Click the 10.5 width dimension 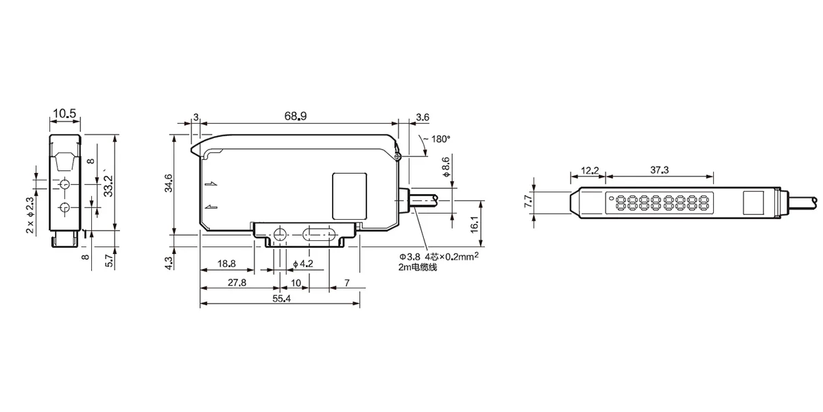tap(64, 113)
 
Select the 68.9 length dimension tap(296, 116)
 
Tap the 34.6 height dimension tap(168, 183)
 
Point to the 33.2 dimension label tap(108, 186)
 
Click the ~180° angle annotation tap(436, 139)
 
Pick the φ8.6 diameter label tap(446, 167)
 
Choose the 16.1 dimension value tap(475, 225)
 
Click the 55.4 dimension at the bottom tap(281, 298)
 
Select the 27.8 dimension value tap(237, 282)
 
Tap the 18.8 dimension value tap(226, 264)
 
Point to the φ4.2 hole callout tap(302, 264)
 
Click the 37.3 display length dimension tap(660, 170)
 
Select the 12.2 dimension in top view tap(590, 170)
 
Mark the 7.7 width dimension tap(528, 201)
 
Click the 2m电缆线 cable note tap(418, 267)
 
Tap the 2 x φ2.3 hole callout tap(29, 215)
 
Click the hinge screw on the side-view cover tap(397, 157)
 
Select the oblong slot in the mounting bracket tap(320, 234)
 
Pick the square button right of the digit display tap(754, 203)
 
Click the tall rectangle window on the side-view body tap(349, 196)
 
